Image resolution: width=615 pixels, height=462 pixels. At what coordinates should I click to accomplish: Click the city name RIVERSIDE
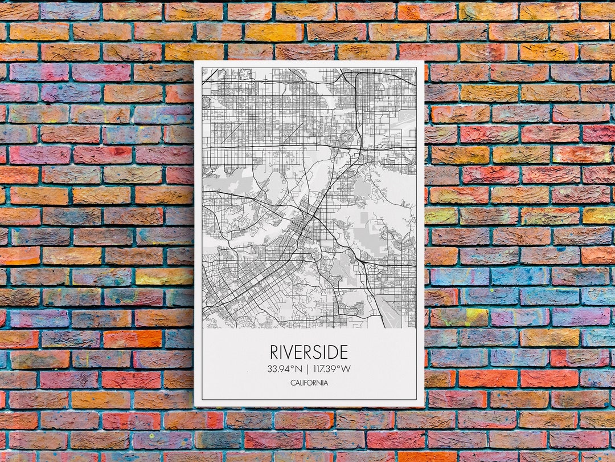click(x=309, y=352)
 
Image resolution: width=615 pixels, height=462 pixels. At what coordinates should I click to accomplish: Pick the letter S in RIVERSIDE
click(x=320, y=352)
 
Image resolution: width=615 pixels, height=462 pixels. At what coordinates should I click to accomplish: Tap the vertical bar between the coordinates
click(x=306, y=368)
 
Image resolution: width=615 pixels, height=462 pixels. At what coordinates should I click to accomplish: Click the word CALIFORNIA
click(x=309, y=383)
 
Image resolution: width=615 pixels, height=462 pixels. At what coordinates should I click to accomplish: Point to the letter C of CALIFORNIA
click(x=293, y=383)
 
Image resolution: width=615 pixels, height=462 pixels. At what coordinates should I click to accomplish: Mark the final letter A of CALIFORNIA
click(x=326, y=383)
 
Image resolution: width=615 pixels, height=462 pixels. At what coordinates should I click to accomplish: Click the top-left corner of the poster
click(x=195, y=61)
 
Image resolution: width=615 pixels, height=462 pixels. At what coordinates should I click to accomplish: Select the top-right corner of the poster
click(x=424, y=61)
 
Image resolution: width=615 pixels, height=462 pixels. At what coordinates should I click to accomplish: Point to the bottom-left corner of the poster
click(x=195, y=406)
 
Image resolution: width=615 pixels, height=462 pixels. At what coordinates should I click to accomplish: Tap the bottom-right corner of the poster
click(x=424, y=406)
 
